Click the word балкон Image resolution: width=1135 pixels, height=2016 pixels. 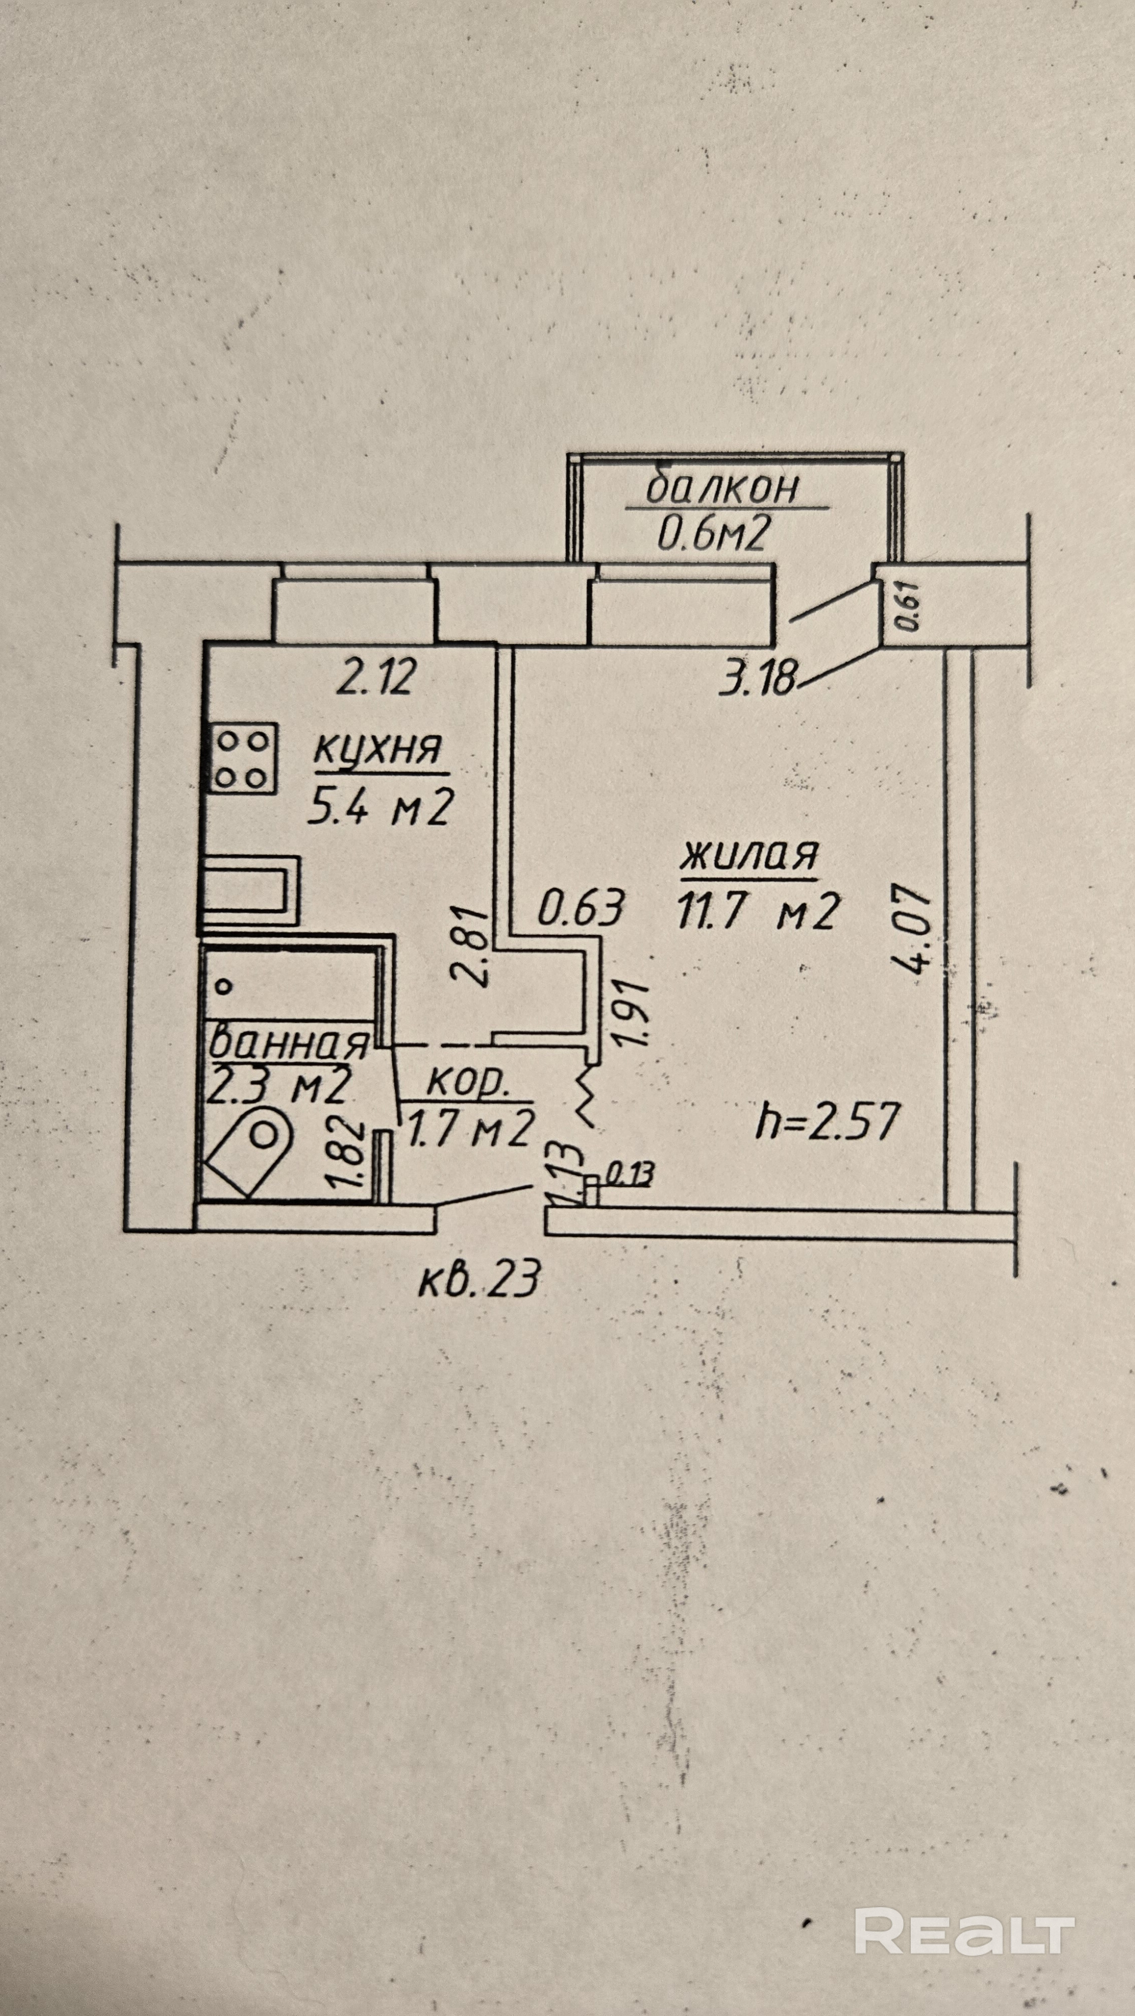[722, 488]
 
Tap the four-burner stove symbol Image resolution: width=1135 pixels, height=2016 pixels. [242, 757]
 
